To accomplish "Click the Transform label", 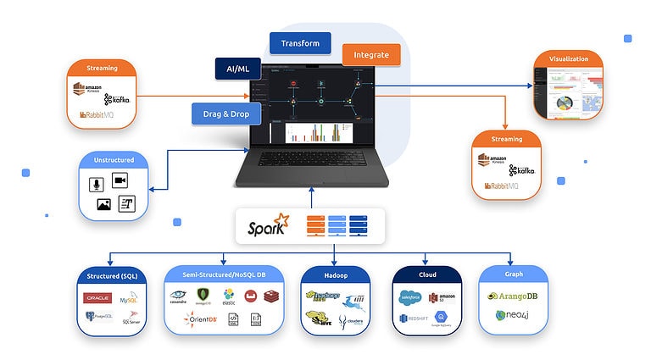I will click(300, 44).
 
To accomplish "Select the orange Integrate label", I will click(371, 55).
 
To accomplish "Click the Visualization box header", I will click(568, 59).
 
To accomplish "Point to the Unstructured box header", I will click(114, 160).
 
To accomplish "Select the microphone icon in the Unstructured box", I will click(96, 183).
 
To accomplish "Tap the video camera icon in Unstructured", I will click(120, 180).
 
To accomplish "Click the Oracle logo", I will click(97, 297).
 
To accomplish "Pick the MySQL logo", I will click(129, 300).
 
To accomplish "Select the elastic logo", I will click(228, 296).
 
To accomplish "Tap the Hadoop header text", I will click(335, 274).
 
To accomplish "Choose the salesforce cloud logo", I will click(411, 297).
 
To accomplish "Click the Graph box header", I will click(513, 274).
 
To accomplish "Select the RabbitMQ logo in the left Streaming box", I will click(97, 114).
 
